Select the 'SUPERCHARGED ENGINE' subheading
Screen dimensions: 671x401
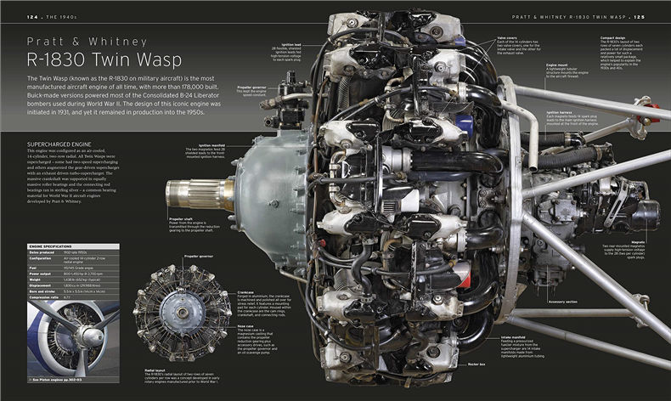[x=59, y=144]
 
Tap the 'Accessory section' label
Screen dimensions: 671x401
[x=562, y=301]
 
